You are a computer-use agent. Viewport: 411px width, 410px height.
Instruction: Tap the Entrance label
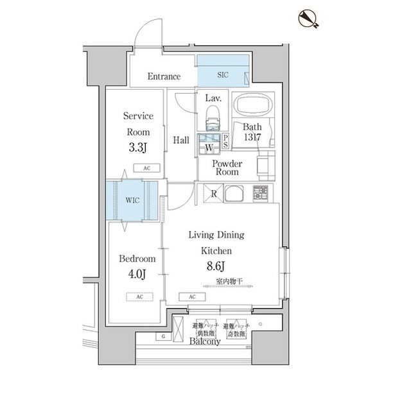164,77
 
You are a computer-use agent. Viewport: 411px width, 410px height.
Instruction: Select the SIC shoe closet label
222,75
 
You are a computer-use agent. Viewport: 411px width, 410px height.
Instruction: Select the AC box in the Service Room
146,167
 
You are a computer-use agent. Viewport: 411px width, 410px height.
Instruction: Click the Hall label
181,140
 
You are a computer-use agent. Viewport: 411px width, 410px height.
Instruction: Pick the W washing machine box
209,147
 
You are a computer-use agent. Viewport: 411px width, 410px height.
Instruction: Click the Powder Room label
227,167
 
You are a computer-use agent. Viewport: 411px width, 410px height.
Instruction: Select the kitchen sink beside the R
234,192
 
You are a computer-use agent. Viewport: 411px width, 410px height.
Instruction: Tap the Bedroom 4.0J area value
137,275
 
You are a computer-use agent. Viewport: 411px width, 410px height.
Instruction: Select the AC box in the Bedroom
139,296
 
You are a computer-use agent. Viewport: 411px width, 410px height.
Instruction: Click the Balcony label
205,342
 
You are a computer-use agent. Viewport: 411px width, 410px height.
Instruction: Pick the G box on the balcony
164,336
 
